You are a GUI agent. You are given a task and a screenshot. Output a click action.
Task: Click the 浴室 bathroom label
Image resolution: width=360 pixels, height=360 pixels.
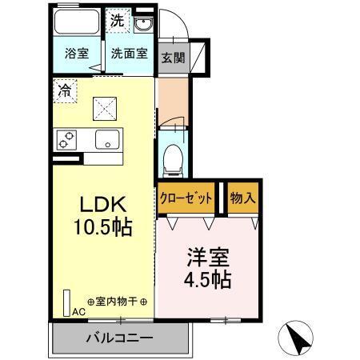[x=76, y=56]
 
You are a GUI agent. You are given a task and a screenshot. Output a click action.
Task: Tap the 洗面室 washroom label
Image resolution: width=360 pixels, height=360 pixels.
[x=128, y=56]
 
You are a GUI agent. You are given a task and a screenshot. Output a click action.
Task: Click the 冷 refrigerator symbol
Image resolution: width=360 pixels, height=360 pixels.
[x=63, y=90]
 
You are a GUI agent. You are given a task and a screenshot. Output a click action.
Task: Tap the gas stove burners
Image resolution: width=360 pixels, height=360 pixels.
[x=66, y=140]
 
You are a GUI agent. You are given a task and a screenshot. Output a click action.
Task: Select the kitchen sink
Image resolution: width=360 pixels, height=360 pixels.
[x=106, y=141]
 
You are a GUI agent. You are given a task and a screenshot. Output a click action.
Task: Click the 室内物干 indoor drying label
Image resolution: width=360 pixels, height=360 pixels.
[x=116, y=302]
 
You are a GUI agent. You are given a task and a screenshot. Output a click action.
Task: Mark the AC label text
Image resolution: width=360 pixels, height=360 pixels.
[x=79, y=312]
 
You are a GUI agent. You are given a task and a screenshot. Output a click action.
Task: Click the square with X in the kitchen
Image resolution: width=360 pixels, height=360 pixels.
[x=102, y=107]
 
